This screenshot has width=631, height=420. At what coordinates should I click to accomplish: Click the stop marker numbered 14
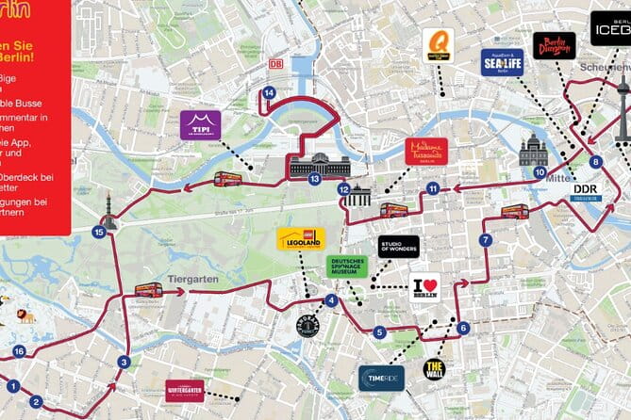click(269, 92)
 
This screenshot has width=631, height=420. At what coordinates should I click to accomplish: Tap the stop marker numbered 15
click(98, 231)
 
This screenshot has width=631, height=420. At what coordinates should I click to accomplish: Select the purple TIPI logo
click(200, 124)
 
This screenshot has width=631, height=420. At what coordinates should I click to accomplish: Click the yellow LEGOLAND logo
click(300, 239)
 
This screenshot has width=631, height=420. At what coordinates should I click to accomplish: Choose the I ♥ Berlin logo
click(424, 287)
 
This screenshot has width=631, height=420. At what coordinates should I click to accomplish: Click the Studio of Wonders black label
click(398, 247)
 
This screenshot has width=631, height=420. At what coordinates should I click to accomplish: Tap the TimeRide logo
click(381, 377)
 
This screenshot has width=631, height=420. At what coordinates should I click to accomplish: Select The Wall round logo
click(435, 368)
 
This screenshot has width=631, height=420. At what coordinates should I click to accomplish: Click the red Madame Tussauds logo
click(426, 151)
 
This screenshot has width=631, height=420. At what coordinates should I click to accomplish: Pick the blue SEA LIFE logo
click(502, 62)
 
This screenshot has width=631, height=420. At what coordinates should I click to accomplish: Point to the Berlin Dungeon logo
click(554, 44)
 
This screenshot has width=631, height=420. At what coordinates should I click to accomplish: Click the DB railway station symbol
click(275, 64)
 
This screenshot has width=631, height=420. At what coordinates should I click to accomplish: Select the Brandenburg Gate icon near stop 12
click(357, 197)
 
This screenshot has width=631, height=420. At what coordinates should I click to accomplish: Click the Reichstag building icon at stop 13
click(320, 165)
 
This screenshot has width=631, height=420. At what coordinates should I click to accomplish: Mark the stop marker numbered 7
click(486, 240)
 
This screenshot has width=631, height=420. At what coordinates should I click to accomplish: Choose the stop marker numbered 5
click(379, 331)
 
